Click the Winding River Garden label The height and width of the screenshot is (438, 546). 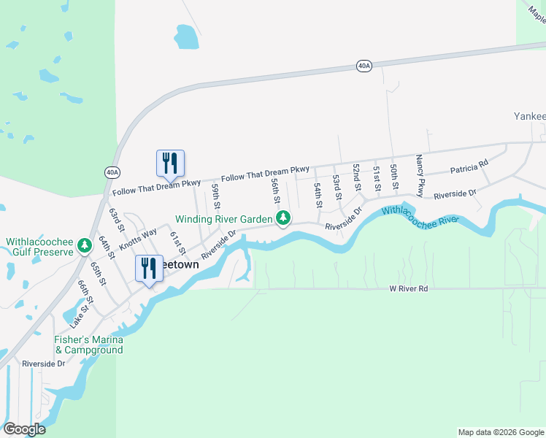coord(223,218)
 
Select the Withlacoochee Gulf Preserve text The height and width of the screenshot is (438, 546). coord(39,247)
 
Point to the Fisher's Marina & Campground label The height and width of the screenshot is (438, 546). coord(88,345)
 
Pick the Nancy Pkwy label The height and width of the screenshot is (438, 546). coord(420,175)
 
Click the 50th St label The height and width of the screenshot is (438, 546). coord(393,177)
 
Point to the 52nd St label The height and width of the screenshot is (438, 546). coord(356,177)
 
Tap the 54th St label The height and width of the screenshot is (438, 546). coord(318,195)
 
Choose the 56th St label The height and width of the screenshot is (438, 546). coord(276,190)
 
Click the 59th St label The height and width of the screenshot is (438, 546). coord(216,196)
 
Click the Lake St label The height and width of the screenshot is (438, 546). coord(79,316)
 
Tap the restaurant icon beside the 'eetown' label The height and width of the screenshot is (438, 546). coord(149,268)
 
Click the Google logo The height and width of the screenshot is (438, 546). coord(24,429)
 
